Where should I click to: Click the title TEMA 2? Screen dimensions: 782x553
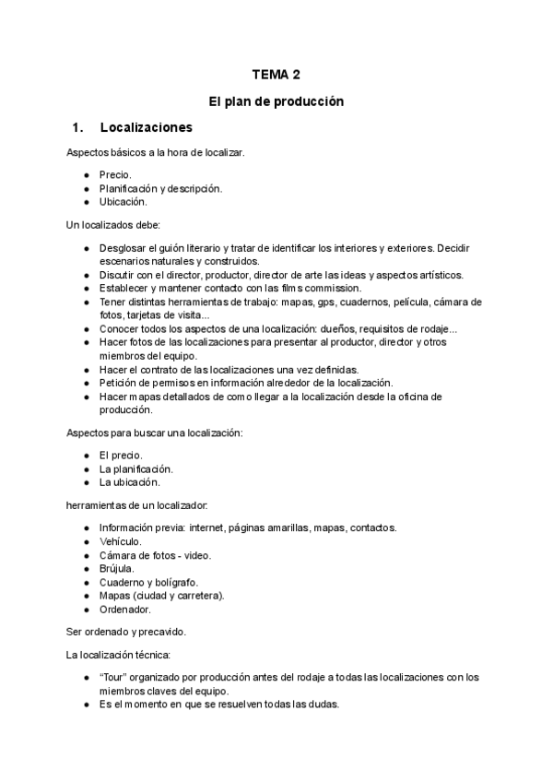(x=276, y=76)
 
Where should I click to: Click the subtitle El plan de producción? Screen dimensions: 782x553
(x=276, y=101)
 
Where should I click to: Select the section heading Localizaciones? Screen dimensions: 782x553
(x=146, y=127)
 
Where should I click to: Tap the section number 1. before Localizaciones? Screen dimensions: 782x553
(x=77, y=127)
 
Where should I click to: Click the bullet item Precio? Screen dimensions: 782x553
(x=116, y=173)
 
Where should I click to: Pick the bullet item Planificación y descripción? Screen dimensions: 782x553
(x=160, y=187)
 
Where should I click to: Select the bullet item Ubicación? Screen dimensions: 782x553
(x=123, y=201)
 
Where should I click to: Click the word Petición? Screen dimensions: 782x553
(x=120, y=383)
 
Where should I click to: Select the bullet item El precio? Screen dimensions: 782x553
(x=121, y=455)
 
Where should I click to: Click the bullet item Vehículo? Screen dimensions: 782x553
(x=121, y=541)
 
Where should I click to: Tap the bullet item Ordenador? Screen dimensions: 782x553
(x=125, y=609)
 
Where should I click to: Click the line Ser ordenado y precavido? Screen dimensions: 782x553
(x=126, y=632)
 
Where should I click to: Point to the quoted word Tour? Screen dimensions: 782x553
(x=115, y=677)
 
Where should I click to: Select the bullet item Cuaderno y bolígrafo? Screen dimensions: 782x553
(x=148, y=582)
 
